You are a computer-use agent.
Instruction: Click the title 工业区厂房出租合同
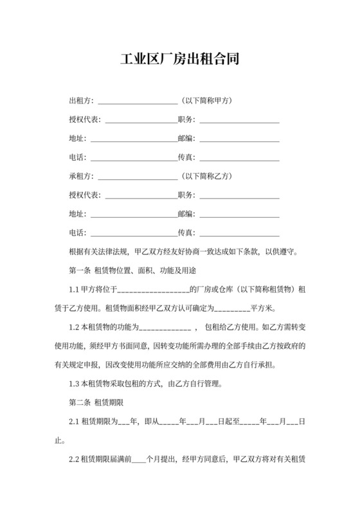click(180, 60)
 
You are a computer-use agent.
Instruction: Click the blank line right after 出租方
click(136, 102)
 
